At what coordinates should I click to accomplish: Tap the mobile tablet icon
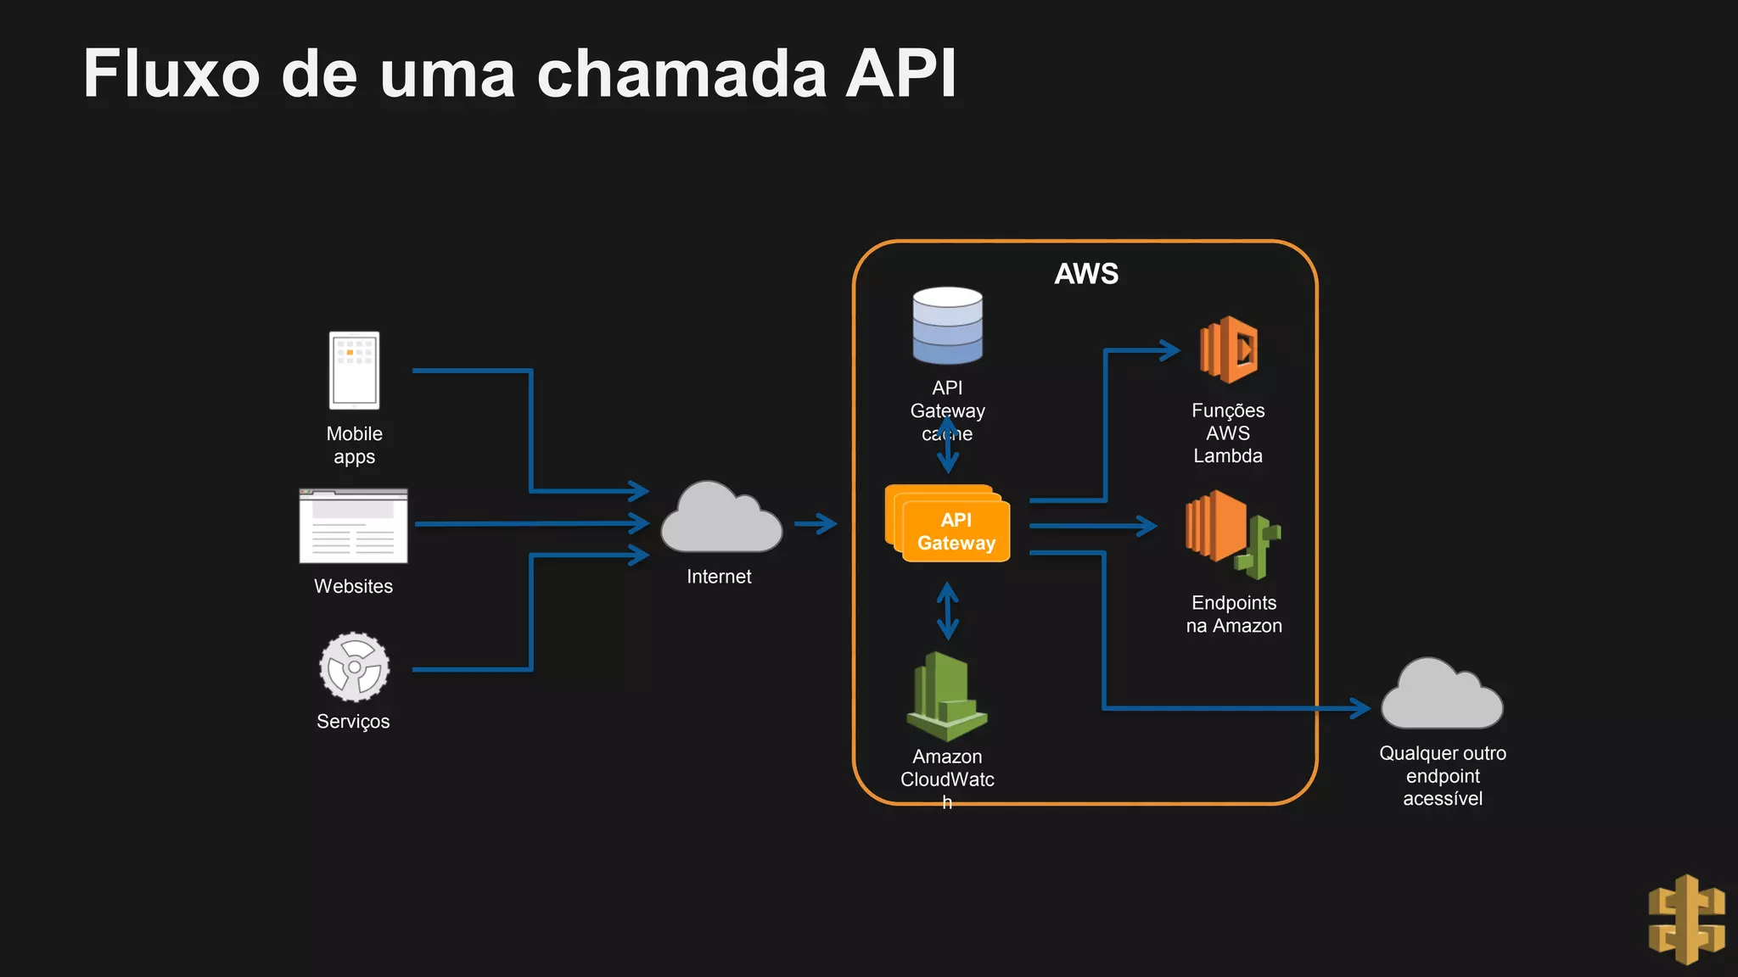pyautogui.click(x=354, y=371)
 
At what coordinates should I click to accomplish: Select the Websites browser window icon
pyautogui.click(x=353, y=526)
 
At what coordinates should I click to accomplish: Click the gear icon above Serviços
pyautogui.click(x=354, y=667)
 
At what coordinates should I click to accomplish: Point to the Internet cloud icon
pyautogui.click(x=720, y=519)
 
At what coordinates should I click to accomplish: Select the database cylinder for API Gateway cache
pyautogui.click(x=947, y=327)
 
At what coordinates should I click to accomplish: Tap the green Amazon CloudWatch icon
pyautogui.click(x=946, y=696)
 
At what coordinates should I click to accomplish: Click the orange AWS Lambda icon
pyautogui.click(x=1229, y=349)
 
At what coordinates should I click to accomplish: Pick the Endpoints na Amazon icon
pyautogui.click(x=1231, y=533)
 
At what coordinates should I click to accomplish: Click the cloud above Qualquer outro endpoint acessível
pyautogui.click(x=1441, y=695)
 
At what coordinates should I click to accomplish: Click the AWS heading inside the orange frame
pyautogui.click(x=1086, y=274)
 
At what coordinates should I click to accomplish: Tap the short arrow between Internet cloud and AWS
pyautogui.click(x=816, y=523)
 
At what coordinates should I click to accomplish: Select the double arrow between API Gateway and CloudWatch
pyautogui.click(x=947, y=611)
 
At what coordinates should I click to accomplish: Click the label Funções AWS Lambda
pyautogui.click(x=1227, y=433)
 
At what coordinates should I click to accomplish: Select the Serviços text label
pyautogui.click(x=353, y=722)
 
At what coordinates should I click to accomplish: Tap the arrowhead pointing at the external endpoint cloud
pyautogui.click(x=1360, y=707)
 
